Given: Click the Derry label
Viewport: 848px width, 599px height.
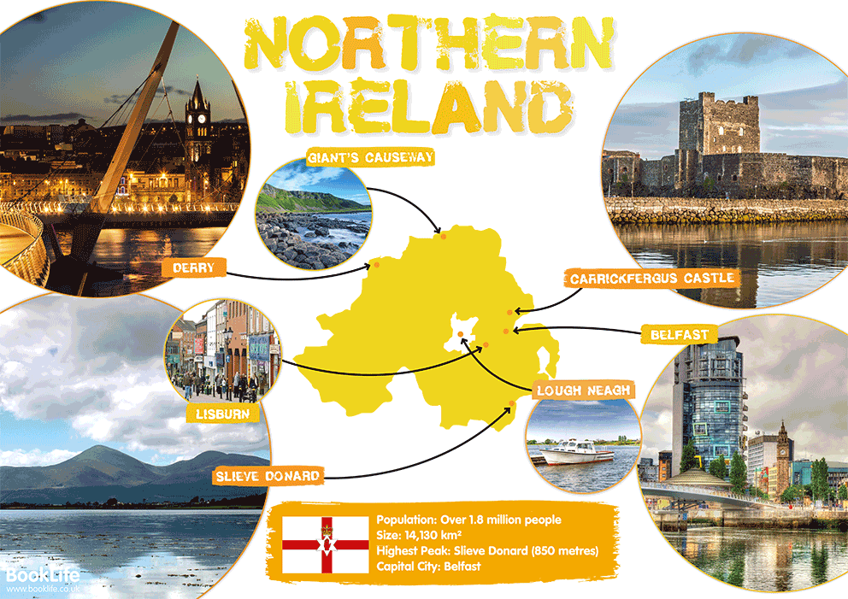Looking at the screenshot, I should [x=193, y=268].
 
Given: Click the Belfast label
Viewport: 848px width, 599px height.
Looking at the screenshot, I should [x=680, y=335].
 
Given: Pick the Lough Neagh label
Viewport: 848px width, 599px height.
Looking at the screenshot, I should [x=584, y=391].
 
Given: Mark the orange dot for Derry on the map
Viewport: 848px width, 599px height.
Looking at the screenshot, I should [x=376, y=265].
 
